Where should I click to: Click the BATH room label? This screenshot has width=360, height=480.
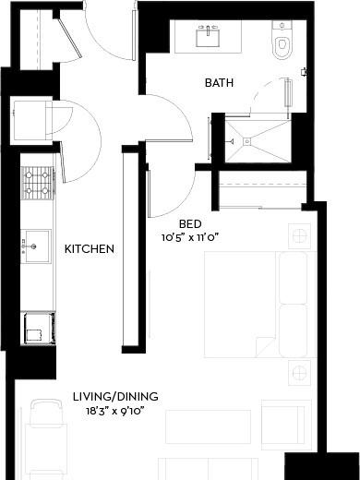point(219,83)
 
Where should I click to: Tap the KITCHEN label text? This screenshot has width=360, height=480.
point(90,248)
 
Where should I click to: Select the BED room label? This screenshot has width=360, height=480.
point(190,224)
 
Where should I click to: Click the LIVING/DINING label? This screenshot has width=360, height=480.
point(115,396)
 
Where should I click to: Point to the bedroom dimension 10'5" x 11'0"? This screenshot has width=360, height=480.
point(190,237)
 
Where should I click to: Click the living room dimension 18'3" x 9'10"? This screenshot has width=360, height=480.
point(115,411)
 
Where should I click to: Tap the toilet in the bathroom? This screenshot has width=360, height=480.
point(282,40)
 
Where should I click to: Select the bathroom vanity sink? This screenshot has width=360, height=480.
point(208,36)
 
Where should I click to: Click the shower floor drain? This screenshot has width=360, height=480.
point(247,141)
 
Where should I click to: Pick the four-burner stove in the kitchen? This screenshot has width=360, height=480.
point(37,183)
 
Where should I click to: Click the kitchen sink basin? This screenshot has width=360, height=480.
point(36,246)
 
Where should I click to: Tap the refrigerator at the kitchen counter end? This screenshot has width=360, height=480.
point(38,328)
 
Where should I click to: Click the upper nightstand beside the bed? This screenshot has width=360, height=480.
point(299,236)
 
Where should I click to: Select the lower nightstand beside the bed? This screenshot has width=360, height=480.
point(299,373)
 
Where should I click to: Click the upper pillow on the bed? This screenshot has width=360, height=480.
point(294,278)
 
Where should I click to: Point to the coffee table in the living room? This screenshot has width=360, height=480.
point(208,426)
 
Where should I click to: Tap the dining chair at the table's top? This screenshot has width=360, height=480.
point(46,412)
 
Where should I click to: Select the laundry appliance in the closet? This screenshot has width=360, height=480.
point(31,120)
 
